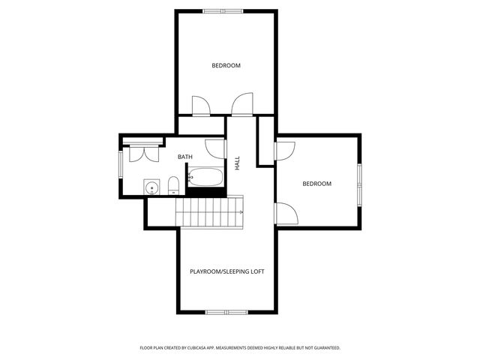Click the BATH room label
[185, 157]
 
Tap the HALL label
[237, 163]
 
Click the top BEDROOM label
[226, 65]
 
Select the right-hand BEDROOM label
[316, 184]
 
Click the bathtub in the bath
[205, 178]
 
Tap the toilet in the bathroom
[173, 184]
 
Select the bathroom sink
[152, 187]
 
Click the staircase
[210, 210]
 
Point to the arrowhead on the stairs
[241, 212]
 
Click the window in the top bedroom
[223, 10]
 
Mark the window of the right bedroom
[359, 183]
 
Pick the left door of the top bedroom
[201, 106]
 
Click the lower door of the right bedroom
[287, 213]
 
